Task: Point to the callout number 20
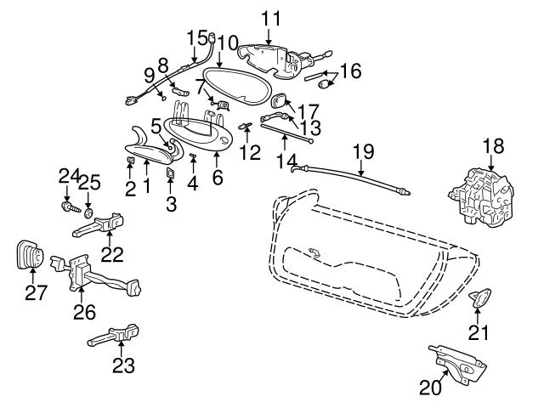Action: coord(432,388)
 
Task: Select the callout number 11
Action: coord(269,16)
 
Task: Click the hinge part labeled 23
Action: coord(115,337)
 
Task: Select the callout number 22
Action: coord(111,253)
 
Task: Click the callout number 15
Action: coord(196,37)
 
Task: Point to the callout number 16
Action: coord(351,70)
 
